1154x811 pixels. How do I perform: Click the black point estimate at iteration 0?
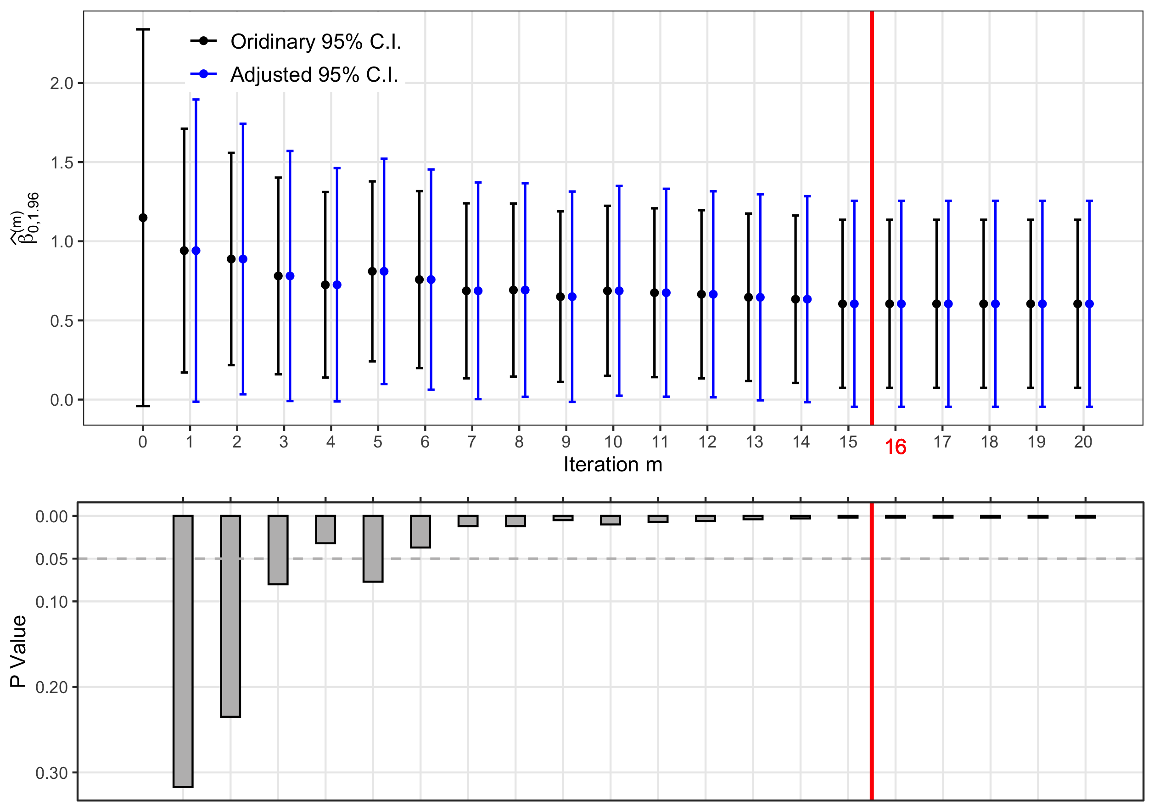click(x=143, y=218)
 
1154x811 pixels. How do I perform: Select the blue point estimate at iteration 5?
click(x=384, y=271)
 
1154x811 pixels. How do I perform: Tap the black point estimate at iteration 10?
click(x=607, y=291)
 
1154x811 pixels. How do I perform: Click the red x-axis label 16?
click(x=895, y=447)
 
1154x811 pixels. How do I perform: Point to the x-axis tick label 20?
click(x=1083, y=442)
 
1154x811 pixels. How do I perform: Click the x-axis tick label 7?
click(x=471, y=442)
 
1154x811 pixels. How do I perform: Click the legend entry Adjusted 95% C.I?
click(x=294, y=74)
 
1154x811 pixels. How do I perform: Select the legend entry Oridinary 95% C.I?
click(x=296, y=41)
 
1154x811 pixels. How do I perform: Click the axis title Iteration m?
click(x=613, y=464)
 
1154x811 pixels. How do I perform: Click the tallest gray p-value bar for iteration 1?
click(x=183, y=651)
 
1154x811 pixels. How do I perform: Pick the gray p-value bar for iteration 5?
click(x=373, y=549)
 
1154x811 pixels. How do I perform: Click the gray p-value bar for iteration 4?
click(x=326, y=530)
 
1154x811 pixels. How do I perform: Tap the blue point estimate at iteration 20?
click(x=1089, y=304)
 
